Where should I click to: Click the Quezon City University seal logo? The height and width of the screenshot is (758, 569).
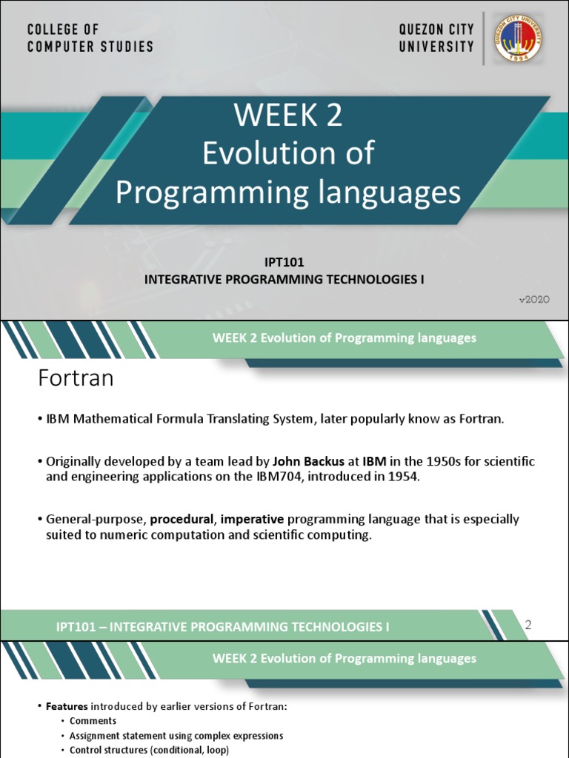pos(519,38)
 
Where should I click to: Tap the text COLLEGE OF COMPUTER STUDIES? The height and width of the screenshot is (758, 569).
pos(90,38)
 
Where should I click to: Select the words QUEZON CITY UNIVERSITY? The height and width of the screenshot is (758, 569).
pos(436,38)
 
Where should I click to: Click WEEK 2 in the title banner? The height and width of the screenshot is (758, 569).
pos(288,115)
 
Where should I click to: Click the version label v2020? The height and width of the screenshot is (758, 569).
pos(533,298)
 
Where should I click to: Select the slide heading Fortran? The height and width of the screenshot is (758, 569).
pos(76,379)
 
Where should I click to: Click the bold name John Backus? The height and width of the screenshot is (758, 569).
pos(310,461)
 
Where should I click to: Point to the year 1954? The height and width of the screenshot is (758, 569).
pos(404,477)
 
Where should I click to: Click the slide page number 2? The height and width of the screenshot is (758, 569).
pos(528,625)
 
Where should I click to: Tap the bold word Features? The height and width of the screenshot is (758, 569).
pos(69,706)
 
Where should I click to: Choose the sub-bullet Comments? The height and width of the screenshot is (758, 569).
pos(93,721)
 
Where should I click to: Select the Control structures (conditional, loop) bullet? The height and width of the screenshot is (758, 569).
pos(149,750)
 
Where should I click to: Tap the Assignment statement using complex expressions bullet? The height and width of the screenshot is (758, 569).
pos(176,736)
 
